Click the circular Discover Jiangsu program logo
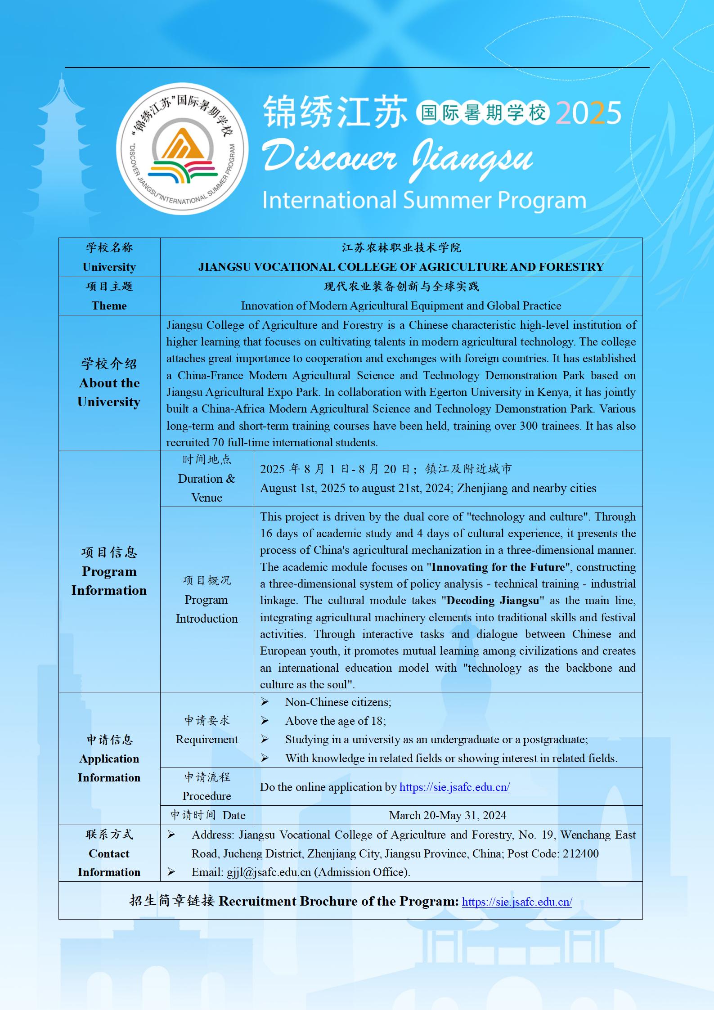point(182,149)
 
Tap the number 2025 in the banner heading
point(588,113)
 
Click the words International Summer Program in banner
point(424,201)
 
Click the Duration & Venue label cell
point(207,479)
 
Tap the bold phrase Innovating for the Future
point(498,567)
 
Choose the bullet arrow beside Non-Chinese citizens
point(265,702)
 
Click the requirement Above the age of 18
point(335,721)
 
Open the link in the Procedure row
point(454,787)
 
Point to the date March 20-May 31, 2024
point(448,815)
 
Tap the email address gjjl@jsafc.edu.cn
point(269,872)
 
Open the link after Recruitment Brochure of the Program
point(517,902)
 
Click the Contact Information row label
point(109,853)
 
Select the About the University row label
point(109,383)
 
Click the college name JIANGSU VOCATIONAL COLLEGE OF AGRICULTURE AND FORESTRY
point(401,267)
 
